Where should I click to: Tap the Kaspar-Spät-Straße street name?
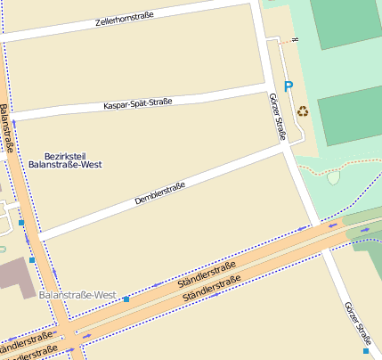137,105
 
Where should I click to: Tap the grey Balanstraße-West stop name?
78,295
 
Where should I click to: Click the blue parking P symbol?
288,86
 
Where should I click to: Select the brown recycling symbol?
303,112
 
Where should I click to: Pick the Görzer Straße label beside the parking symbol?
276,117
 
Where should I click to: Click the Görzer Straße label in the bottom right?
357,323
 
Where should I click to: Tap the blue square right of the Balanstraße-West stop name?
126,299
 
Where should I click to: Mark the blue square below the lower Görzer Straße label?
366,351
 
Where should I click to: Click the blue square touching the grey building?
32,260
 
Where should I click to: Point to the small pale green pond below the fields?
333,177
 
